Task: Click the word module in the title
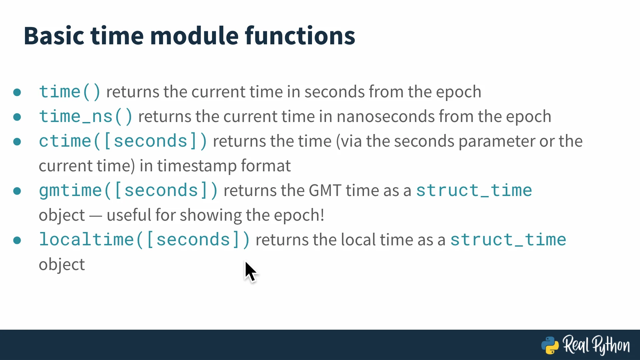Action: click(x=195, y=36)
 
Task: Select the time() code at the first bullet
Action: click(x=70, y=92)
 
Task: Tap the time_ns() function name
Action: click(x=86, y=116)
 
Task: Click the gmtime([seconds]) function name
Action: click(x=129, y=191)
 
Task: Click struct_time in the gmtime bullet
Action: click(x=474, y=191)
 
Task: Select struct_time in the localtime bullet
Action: click(x=508, y=240)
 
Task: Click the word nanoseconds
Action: click(x=386, y=117)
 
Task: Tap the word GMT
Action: click(x=325, y=191)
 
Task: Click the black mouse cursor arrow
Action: click(x=251, y=272)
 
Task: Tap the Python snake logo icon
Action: click(x=550, y=345)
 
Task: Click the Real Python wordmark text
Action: click(x=596, y=345)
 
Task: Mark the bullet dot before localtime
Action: click(x=17, y=240)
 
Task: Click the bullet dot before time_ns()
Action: click(x=17, y=117)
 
